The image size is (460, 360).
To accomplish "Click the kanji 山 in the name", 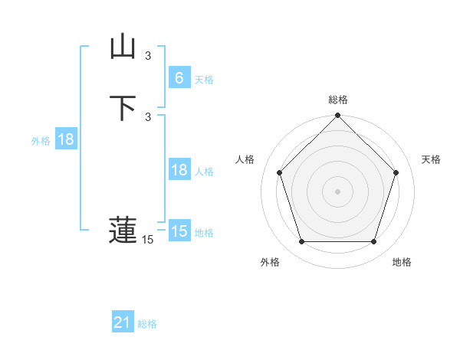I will coord(123,47).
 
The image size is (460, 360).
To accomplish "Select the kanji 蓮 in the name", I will coord(123,231).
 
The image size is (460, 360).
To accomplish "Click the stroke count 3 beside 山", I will coord(148,56).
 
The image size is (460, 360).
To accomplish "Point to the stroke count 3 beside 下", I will coord(148,116).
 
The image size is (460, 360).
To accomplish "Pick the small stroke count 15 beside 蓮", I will coord(148,241).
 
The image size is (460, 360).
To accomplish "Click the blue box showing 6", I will coord(179,78).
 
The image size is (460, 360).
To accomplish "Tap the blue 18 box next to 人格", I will coord(179,170).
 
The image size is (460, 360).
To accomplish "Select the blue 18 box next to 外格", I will coord(66,139).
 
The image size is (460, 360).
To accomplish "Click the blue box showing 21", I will coord(123,322).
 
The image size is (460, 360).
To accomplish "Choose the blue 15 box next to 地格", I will coord(179,231).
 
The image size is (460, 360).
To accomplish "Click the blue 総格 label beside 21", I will coord(147,324).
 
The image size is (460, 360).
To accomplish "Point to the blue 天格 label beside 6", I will coord(204,80).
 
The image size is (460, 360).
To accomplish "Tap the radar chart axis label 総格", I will coord(338,100).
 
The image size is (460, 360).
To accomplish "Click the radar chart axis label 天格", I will coord(432,159).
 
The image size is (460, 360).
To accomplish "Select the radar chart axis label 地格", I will coord(402,263).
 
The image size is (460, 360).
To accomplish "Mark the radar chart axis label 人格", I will coord(245,159).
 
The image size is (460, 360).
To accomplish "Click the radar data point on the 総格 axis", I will coord(338,116).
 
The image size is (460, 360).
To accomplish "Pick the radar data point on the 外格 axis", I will coord(301,242).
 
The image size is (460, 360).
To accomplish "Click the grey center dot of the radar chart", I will coord(338,191).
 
